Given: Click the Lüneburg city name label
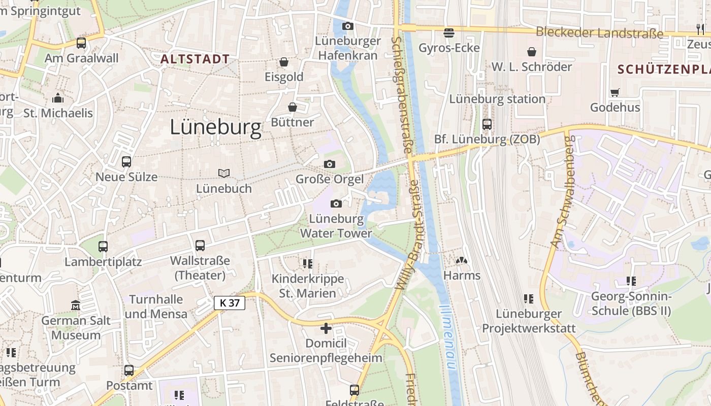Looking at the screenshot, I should click(215, 127).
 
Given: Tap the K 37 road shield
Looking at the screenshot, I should click(230, 303).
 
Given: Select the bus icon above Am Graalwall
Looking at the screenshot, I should click(81, 43).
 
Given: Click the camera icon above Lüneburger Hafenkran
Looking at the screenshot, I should click(347, 26).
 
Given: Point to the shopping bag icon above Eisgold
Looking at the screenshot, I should click(284, 62).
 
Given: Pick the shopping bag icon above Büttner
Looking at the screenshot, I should click(293, 107).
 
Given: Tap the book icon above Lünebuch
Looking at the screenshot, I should click(224, 173).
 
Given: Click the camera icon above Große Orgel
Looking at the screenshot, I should click(330, 164).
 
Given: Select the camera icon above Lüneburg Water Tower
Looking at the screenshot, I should click(336, 204).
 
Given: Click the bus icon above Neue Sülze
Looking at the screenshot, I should click(126, 162).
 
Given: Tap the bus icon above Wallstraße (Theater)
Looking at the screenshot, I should click(200, 246).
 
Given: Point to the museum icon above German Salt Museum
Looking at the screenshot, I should click(76, 305).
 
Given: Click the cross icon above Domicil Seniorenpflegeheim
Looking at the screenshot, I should click(326, 328).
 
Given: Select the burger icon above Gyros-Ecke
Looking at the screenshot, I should click(449, 33).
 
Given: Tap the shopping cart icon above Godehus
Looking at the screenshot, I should click(615, 92).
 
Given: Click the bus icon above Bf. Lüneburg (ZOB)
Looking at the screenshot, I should click(487, 124).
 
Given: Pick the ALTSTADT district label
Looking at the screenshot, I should click(196, 59).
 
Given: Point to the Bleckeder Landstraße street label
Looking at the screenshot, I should click(599, 33).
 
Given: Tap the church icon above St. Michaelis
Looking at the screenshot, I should click(58, 98).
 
